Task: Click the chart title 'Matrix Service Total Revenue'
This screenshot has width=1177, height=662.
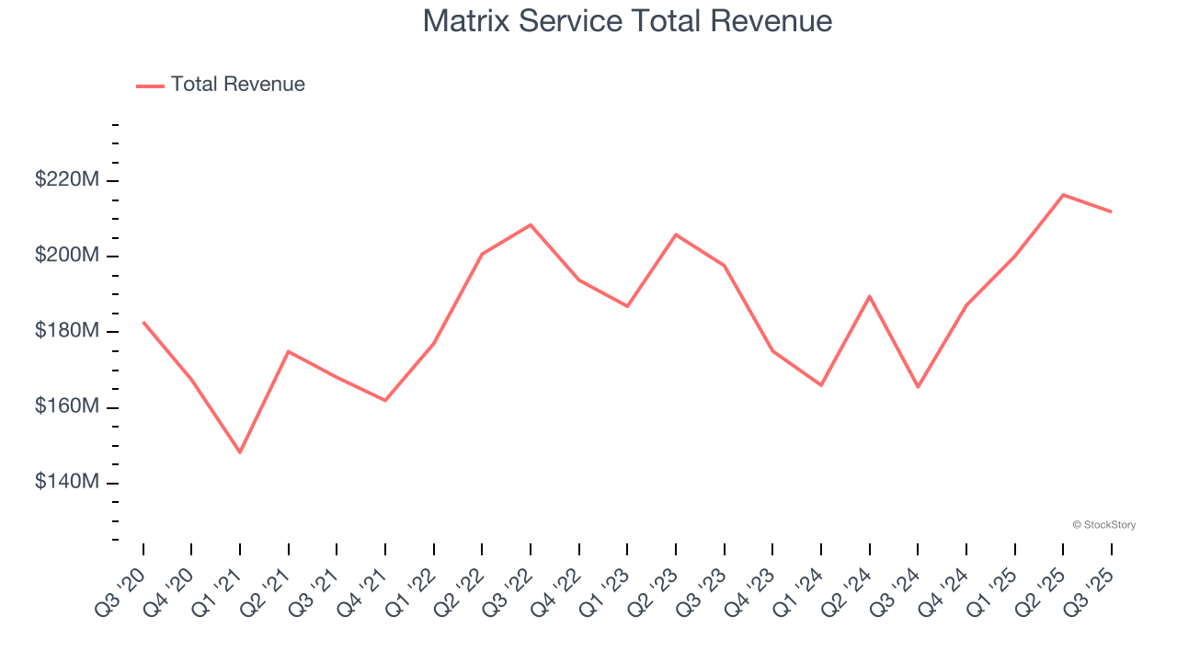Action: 627,21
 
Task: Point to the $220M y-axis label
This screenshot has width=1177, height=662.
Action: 67,180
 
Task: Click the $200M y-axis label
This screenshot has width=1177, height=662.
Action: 67,256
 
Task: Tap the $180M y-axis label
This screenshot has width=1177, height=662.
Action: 67,331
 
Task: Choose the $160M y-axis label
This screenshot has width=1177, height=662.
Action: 67,406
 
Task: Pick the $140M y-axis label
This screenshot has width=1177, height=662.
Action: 67,482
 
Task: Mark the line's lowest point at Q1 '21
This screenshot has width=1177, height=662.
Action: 240,452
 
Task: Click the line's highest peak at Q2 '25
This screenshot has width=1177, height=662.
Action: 1063,195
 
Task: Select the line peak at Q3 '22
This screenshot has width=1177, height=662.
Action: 531,224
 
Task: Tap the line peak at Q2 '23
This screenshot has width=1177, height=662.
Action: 676,234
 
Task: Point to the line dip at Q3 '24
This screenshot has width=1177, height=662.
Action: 918,387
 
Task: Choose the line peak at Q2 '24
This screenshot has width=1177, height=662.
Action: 869,296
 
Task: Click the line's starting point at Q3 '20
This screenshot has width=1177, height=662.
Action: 143,322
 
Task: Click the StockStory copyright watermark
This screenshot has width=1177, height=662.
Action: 1103,525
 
